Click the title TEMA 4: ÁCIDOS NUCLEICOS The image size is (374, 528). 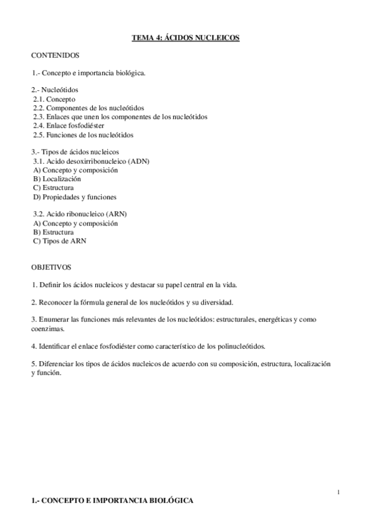click(185, 39)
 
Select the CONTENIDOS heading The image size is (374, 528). click(55, 55)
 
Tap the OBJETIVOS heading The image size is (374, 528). click(51, 267)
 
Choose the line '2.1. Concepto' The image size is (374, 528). click(54, 99)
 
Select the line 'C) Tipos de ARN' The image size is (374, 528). click(60, 240)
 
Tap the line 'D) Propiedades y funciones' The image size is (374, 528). click(75, 197)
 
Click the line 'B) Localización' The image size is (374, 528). click(57, 179)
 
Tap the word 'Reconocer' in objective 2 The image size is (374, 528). click(54, 302)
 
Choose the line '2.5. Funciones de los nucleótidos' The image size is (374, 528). click(83, 134)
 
